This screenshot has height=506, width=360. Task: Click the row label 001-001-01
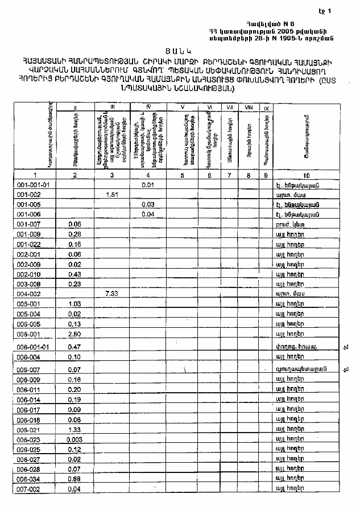[x=34, y=185]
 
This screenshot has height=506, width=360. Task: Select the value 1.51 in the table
[x=111, y=195]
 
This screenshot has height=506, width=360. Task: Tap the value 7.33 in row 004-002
[x=111, y=293]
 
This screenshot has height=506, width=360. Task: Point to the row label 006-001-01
[x=36, y=347]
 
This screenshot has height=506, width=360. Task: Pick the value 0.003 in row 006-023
[x=76, y=439]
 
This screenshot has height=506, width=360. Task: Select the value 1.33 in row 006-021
[x=75, y=429]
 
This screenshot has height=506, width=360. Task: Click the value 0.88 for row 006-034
[x=75, y=479]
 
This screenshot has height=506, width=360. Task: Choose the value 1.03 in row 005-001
[x=75, y=303]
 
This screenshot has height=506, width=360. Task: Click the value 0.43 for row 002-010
[x=75, y=274]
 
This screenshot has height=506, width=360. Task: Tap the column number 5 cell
[x=182, y=175]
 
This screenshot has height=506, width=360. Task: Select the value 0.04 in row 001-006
[x=148, y=214]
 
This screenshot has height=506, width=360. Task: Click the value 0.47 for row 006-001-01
[x=75, y=347]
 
